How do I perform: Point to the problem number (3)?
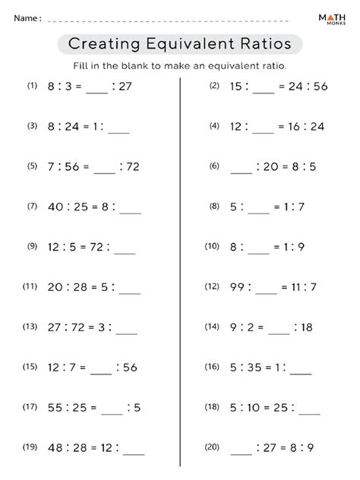31,126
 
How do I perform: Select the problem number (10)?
212,246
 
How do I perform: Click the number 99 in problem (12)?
236,287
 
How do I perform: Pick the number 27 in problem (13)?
55,327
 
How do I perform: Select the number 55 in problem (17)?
55,408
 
